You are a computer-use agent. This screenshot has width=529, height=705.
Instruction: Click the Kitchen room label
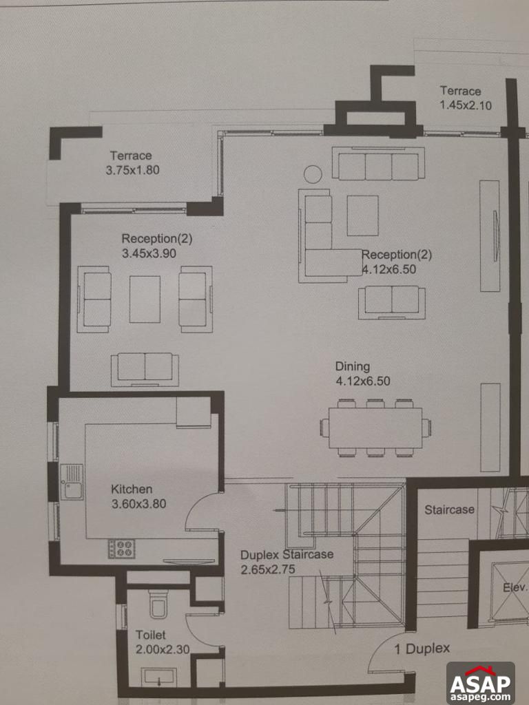[132, 490]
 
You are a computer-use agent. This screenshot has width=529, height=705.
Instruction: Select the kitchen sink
[71, 481]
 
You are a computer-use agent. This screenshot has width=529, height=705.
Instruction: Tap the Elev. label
[515, 588]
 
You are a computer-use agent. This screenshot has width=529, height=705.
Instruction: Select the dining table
[375, 428]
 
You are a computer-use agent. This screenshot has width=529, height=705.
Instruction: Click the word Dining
[353, 366]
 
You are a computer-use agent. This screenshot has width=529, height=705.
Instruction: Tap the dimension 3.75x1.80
[133, 170]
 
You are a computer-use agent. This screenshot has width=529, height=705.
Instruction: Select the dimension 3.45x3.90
[147, 253]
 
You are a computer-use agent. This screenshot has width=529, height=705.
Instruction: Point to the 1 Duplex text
[422, 649]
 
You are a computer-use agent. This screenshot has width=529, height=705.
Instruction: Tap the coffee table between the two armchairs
[145, 299]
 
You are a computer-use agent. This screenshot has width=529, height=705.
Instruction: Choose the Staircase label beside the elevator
[449, 510]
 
